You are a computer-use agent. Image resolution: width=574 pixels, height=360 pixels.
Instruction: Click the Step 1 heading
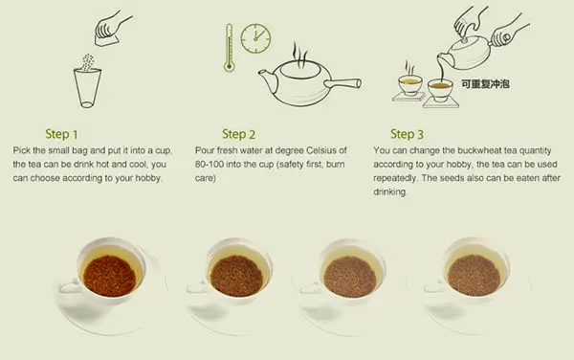pyautogui.click(x=61, y=134)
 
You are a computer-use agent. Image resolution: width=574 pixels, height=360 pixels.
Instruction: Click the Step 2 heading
pyautogui.click(x=238, y=134)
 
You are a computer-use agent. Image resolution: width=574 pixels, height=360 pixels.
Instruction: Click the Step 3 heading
pyautogui.click(x=407, y=134)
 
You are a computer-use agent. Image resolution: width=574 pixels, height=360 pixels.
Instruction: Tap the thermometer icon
pyautogui.click(x=230, y=48)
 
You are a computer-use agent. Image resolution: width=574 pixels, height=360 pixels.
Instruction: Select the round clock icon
pyautogui.click(x=255, y=38)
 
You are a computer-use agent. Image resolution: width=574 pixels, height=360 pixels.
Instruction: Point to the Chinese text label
pyautogui.click(x=485, y=84)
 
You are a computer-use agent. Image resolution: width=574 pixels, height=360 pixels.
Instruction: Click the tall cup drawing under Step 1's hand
pyautogui.click(x=87, y=88)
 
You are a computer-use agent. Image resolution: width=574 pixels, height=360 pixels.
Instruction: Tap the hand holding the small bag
pyautogui.click(x=112, y=29)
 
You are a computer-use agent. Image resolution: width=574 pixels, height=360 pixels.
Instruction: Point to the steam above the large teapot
pyautogui.click(x=299, y=55)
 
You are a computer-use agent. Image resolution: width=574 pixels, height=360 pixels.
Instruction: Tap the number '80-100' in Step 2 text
pyautogui.click(x=210, y=164)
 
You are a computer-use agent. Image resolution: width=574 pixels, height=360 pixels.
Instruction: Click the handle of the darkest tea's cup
pyautogui.click(x=69, y=286)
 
